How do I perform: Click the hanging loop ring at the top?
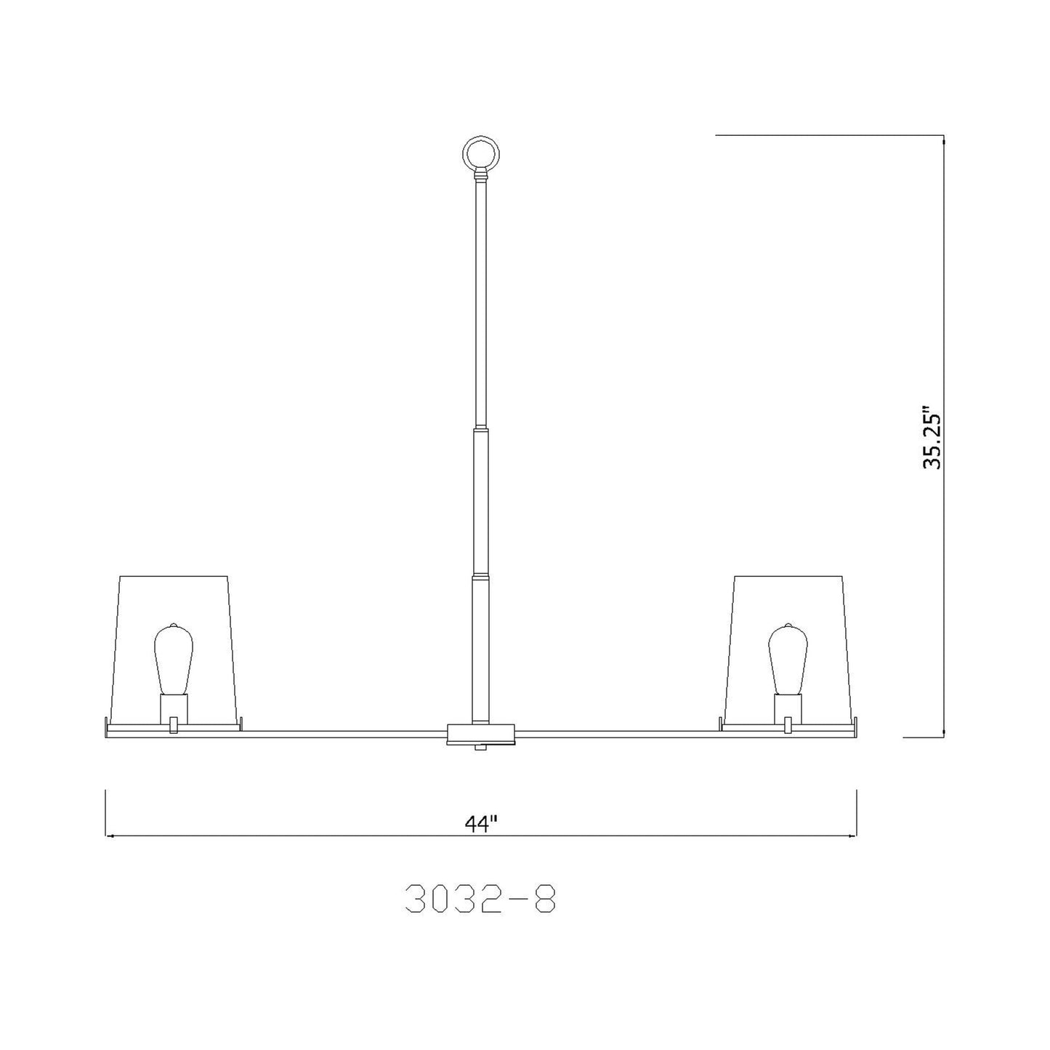pos(481,153)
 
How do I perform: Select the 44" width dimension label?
pos(481,825)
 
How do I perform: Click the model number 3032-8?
pos(481,900)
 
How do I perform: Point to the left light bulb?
pos(173,658)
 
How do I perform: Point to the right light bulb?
pos(788,658)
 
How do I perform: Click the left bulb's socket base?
pos(174,706)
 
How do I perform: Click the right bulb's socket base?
pos(788,706)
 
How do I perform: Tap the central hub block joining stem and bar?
pos(481,732)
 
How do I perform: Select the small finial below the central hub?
pos(481,747)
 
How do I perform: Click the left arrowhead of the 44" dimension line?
pos(109,836)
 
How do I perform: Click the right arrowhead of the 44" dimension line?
pos(854,836)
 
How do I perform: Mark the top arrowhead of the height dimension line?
pos(943,140)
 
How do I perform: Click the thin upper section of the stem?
pos(481,305)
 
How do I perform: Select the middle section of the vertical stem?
pos(481,501)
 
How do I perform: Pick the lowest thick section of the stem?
pos(481,647)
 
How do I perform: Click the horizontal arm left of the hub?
pos(342,732)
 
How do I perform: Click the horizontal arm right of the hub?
pos(618,732)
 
